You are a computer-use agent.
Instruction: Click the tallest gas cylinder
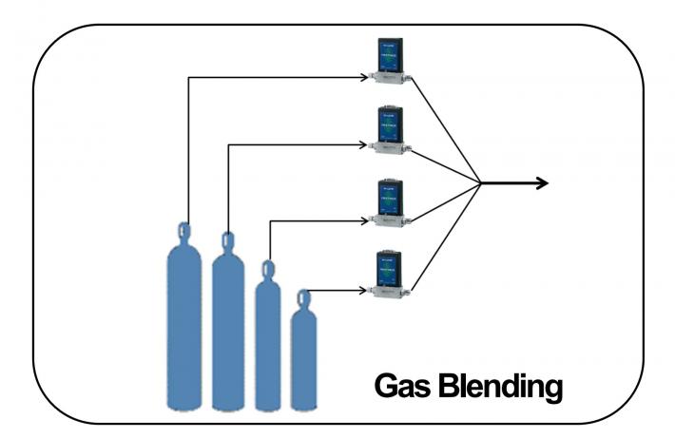pos(185,323)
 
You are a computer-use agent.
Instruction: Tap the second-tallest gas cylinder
pos(228,328)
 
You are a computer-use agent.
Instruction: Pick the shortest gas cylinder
pos(303,356)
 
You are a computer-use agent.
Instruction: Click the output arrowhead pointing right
pos(543,182)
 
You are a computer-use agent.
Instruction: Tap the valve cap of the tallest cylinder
pos(184,229)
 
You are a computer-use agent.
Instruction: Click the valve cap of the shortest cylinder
pos(303,298)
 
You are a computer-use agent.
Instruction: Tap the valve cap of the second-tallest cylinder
pos(227,239)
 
